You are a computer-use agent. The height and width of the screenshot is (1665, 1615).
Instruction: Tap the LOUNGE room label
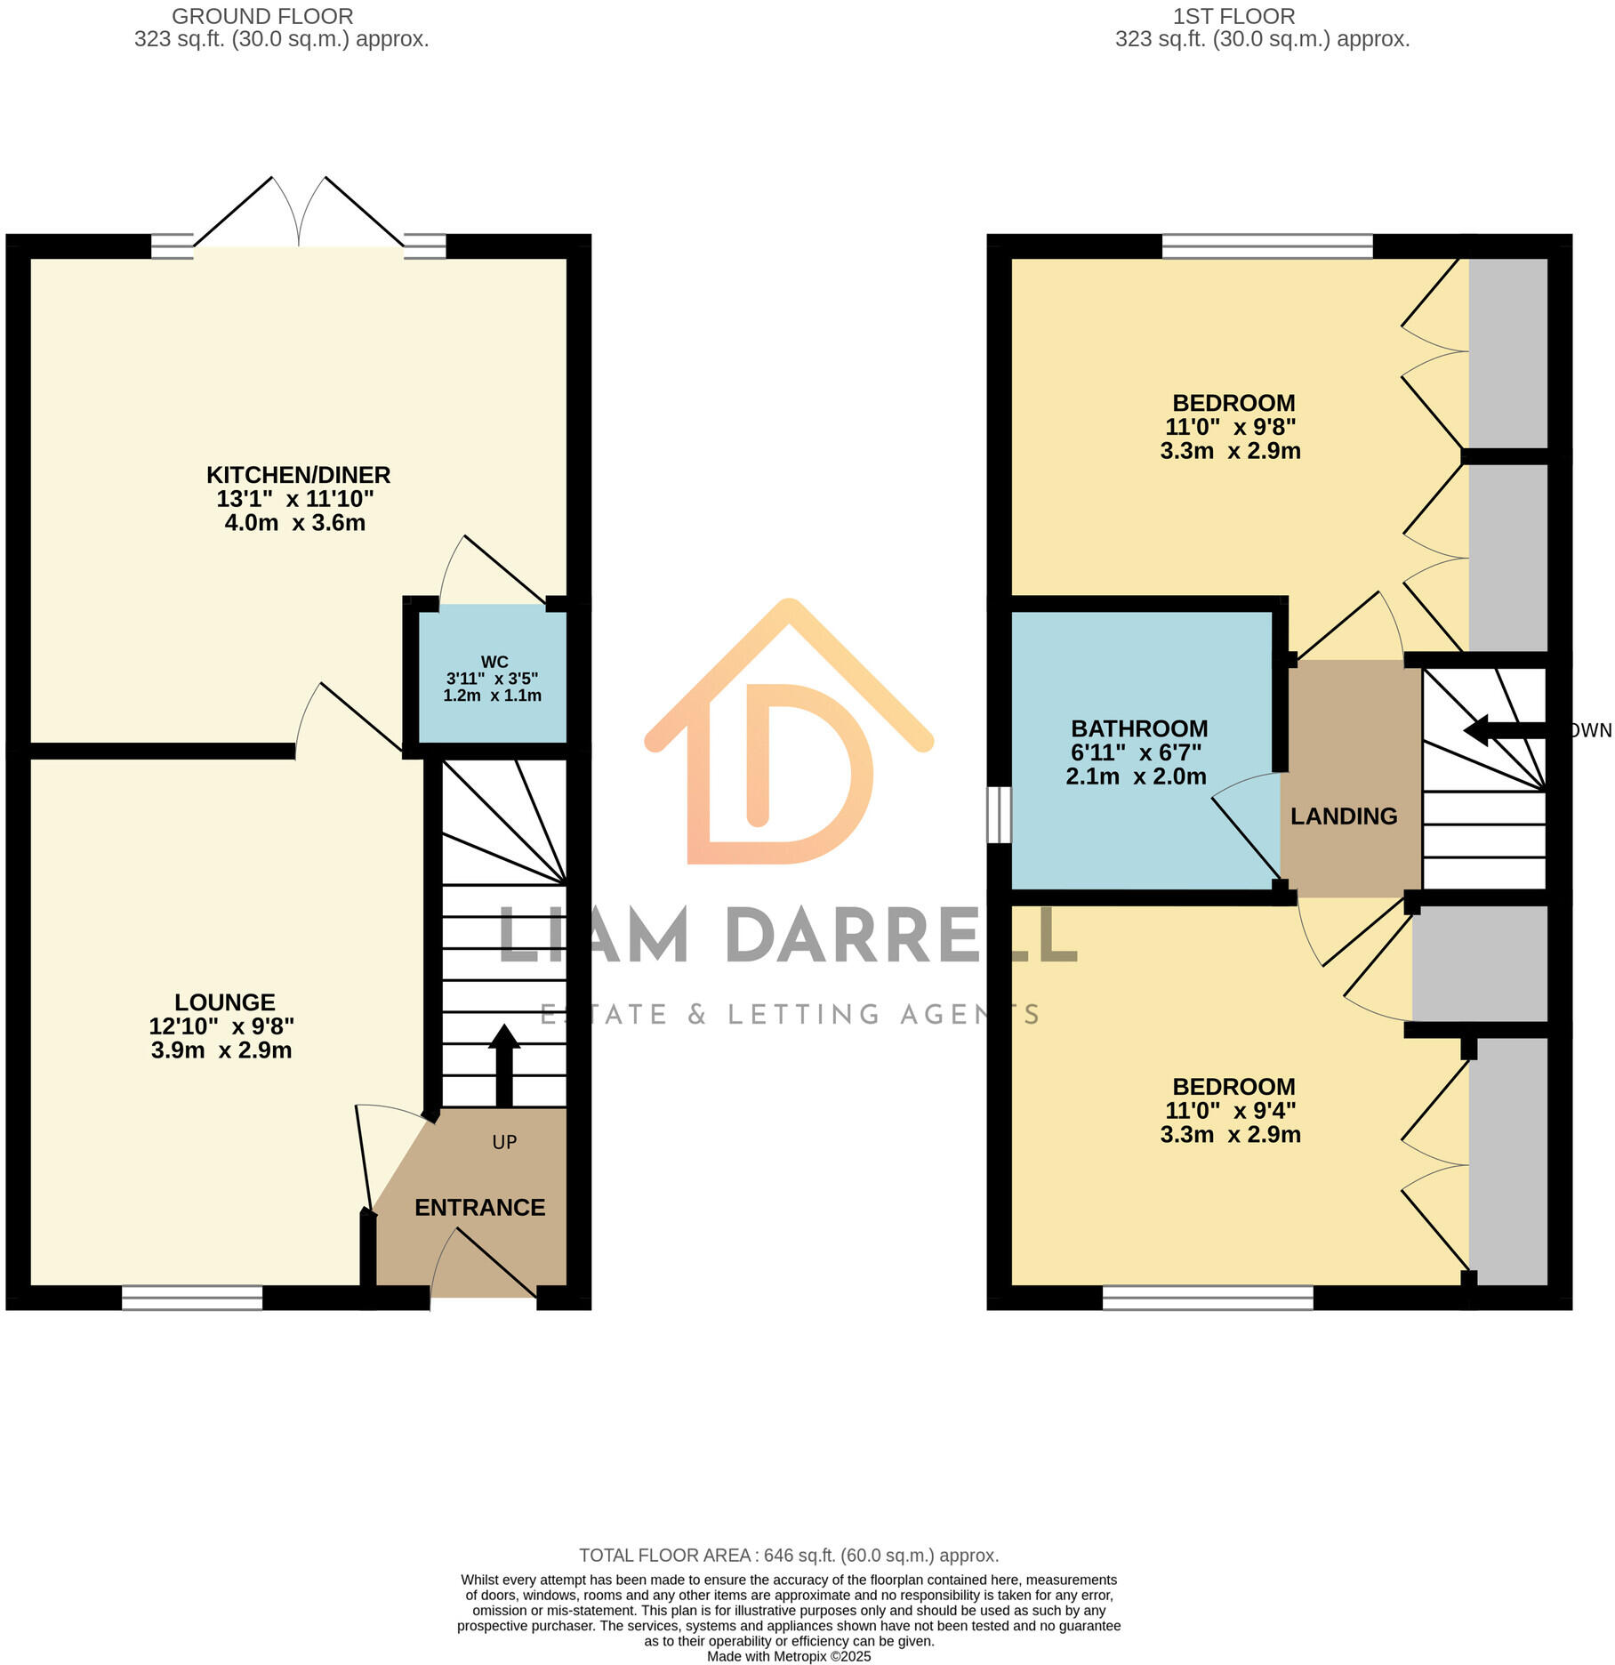[224, 1002]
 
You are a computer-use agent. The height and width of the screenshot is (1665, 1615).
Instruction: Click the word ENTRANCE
[479, 1207]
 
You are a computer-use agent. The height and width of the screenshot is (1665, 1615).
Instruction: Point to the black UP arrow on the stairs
[503, 1063]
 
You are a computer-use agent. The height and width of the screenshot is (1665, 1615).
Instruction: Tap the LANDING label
[1343, 816]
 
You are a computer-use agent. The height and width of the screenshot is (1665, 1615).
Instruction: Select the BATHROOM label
[1138, 728]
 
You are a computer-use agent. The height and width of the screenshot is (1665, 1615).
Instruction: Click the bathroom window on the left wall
[1000, 814]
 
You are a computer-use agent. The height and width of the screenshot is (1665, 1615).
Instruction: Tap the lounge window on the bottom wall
[192, 1298]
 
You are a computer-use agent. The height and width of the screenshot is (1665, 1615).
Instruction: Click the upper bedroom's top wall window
[1266, 246]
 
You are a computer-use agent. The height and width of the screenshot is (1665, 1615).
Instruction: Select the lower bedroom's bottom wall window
[1207, 1298]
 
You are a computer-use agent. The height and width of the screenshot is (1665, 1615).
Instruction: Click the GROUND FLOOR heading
[262, 16]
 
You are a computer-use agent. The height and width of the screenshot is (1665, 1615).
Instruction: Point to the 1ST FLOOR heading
[1233, 16]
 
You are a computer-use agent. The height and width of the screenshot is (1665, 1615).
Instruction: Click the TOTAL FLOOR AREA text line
[788, 1556]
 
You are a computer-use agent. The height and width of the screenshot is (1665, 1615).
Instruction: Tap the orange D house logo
[788, 738]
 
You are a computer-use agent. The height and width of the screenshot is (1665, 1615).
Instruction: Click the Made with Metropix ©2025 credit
[788, 1656]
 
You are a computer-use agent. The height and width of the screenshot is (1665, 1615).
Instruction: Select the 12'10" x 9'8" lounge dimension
[221, 1026]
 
